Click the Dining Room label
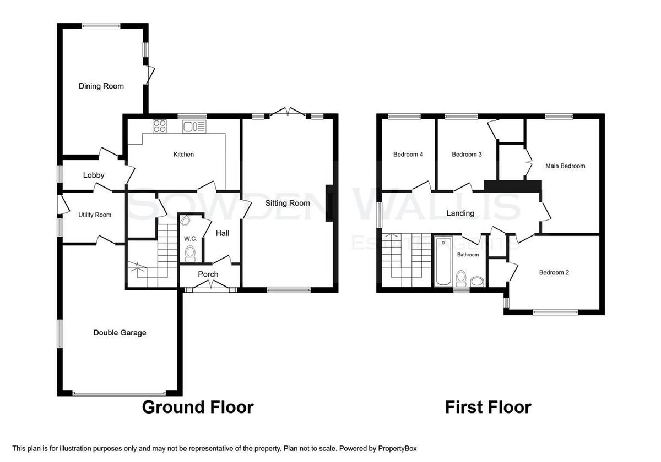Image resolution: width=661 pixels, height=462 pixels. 101,86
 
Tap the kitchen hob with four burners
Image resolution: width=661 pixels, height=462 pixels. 159,126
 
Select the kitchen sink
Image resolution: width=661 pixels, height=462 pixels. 194,127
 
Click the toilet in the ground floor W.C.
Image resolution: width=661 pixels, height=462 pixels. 190,254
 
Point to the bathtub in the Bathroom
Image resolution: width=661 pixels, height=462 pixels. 443,261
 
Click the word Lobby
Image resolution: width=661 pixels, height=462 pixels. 94,175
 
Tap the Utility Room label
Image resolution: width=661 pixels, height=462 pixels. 95,215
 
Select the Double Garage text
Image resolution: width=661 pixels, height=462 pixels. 120,333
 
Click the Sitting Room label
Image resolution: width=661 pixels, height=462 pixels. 288,203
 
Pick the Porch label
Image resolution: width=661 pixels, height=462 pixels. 208,274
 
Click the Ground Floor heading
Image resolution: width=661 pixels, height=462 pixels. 198,407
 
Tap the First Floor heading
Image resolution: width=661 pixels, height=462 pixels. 488,407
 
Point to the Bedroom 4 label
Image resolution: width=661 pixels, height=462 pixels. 408,155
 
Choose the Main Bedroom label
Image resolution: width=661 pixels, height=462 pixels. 565,166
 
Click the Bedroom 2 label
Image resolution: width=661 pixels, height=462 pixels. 554,273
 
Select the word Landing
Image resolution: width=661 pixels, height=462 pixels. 460,213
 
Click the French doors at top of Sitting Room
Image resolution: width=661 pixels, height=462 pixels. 288,112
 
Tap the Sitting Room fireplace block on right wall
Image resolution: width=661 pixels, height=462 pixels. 329,203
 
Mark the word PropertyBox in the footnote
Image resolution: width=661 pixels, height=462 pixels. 397,449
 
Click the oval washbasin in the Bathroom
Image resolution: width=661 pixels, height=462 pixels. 477,281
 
